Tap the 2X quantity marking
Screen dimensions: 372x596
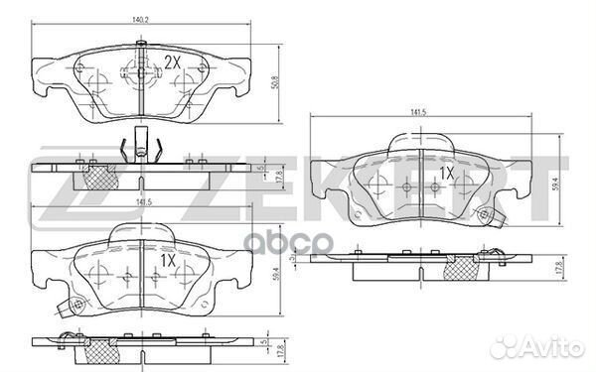point(172,62)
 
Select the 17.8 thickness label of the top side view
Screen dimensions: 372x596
point(280,175)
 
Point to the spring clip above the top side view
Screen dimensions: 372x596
point(140,148)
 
